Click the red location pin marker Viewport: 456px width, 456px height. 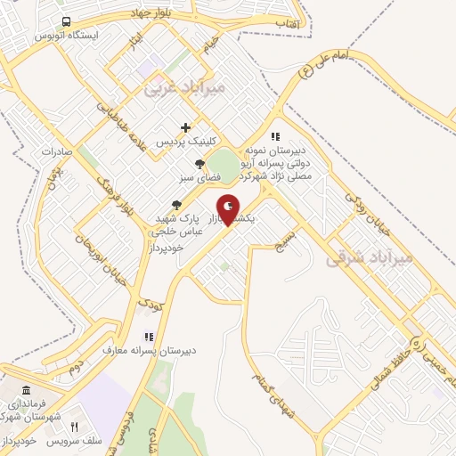click(228, 209)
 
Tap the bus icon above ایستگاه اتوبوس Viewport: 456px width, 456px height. click(67, 22)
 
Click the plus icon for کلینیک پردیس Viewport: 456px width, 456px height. click(185, 127)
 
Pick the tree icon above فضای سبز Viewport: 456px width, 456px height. click(200, 163)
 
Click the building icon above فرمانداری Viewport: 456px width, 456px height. click(25, 392)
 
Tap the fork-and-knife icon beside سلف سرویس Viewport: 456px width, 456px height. click(75, 427)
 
